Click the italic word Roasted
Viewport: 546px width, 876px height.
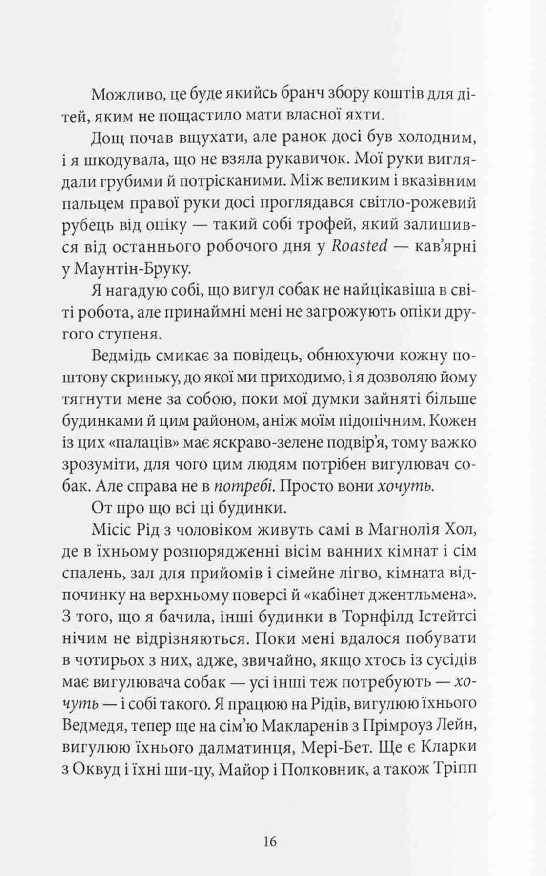(x=359, y=246)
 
